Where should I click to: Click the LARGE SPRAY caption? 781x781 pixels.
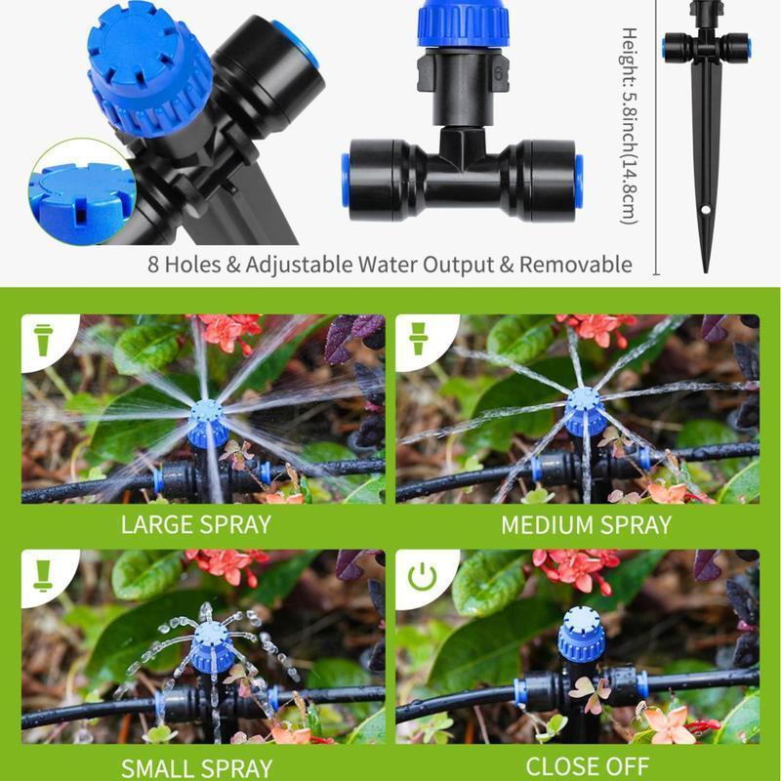tap(195, 524)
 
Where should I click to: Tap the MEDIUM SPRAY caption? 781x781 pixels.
tap(586, 524)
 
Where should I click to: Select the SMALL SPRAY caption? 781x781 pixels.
tap(195, 766)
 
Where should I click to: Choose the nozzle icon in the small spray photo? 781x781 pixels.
tap(44, 576)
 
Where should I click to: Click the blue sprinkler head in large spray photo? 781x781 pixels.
tap(209, 418)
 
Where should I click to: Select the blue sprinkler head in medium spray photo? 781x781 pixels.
tap(585, 407)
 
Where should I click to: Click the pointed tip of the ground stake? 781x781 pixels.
tap(705, 267)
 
